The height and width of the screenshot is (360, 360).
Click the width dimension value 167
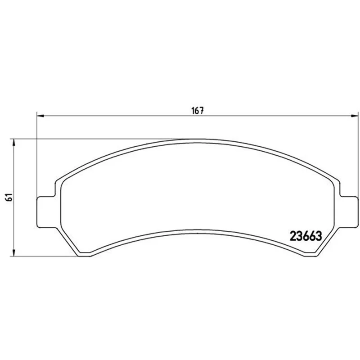[198, 111]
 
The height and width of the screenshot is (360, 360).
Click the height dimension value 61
[9, 197]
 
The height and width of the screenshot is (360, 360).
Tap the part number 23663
[306, 236]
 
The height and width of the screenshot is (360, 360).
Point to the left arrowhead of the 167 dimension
[40, 116]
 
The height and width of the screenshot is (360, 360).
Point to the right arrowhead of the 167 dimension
[355, 116]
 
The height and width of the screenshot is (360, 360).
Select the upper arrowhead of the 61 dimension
[14, 142]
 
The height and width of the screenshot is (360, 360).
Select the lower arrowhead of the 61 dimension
[14, 253]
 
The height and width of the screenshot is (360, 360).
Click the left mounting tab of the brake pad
[46, 212]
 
